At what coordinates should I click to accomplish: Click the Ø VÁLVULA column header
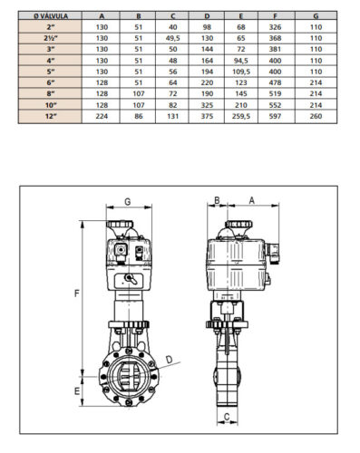[51, 16]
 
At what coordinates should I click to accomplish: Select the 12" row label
[51, 116]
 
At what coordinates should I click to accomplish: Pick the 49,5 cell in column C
[173, 38]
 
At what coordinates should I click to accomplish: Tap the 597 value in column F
[275, 116]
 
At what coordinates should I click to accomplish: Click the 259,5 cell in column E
[241, 116]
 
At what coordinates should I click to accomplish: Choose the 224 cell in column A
[102, 116]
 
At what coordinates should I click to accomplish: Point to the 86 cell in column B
[139, 116]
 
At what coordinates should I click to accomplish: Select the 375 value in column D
[207, 116]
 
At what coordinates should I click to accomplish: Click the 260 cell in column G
[316, 116]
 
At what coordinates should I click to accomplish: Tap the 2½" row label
[51, 38]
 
